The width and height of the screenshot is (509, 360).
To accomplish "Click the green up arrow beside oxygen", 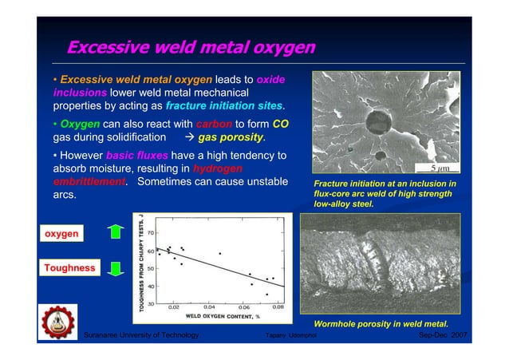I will point(116,232).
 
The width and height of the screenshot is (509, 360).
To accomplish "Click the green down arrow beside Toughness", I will point(116,269).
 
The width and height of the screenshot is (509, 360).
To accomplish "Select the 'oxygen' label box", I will point(61,233).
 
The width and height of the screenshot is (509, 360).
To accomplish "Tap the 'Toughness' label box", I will point(69,268).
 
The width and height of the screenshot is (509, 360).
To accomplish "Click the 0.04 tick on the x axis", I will point(209,307).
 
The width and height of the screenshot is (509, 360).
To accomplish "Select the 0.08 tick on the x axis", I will point(277,307).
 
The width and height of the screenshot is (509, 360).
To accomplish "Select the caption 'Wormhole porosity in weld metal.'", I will point(380,323).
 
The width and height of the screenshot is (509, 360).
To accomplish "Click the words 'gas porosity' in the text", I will point(231,137).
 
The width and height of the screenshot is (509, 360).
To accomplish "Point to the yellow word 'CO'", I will point(280,124).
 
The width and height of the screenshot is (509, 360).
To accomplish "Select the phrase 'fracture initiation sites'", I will point(225,106).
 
